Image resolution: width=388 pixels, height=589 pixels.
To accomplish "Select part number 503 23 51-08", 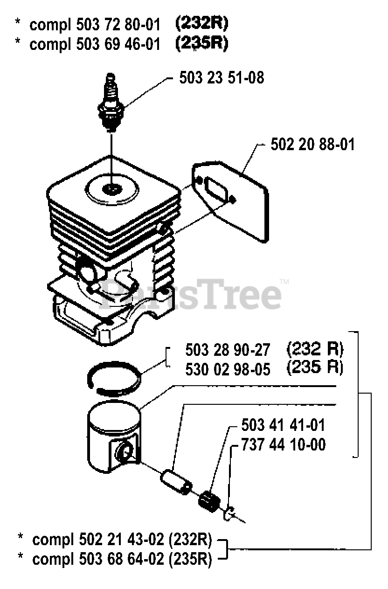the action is (x=222, y=78).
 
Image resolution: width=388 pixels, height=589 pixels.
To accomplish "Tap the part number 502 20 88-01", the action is (x=312, y=144).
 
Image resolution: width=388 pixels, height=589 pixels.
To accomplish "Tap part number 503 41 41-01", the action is (x=283, y=425).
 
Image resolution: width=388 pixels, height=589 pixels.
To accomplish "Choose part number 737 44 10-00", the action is (x=283, y=445).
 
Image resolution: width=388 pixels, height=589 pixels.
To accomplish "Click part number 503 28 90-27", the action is (x=228, y=349).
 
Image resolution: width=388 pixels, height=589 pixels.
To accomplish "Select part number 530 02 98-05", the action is (x=228, y=369).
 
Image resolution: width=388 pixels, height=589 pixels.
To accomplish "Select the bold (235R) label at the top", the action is (x=201, y=44).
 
